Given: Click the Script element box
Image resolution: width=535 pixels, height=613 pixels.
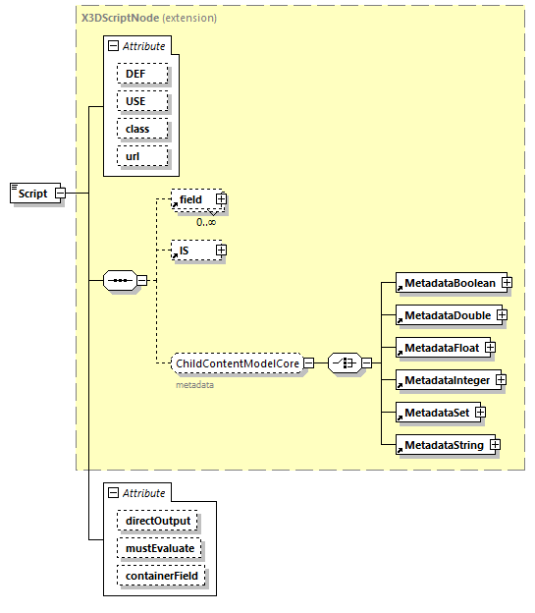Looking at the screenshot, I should tap(32, 194).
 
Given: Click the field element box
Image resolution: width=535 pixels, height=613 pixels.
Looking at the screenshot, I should tap(191, 199).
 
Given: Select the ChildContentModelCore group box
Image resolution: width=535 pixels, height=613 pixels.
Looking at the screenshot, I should tap(236, 363).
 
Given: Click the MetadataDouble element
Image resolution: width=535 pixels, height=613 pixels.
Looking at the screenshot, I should tap(445, 315).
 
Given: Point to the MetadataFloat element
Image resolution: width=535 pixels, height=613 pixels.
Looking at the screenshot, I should tap(439, 347).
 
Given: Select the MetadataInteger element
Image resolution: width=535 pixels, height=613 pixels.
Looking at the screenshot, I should tap(445, 379).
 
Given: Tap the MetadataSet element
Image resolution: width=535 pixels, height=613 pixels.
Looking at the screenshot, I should tap(434, 412).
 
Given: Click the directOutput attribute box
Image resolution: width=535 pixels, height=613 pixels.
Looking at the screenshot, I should tap(157, 520).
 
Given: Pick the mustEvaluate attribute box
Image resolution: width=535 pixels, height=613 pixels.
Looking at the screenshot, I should tap(160, 547).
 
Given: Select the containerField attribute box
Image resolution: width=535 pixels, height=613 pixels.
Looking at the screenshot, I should tap(163, 575).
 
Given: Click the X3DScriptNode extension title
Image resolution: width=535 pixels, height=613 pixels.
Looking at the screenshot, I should tap(149, 18).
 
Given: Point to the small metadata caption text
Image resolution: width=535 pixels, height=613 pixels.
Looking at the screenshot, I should tap(194, 385).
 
